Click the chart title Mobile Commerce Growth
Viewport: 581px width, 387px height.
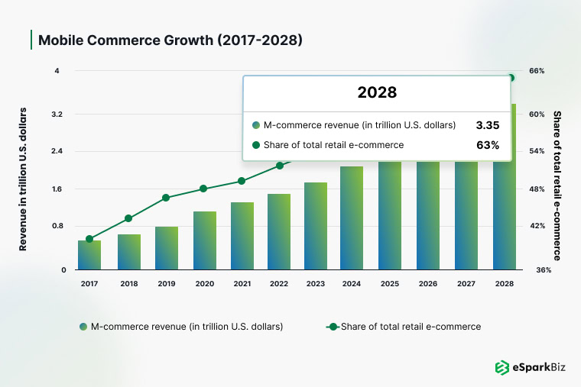point(170,40)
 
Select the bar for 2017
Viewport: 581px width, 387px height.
point(89,255)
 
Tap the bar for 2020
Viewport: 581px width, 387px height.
point(205,240)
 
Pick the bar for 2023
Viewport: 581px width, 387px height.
point(316,226)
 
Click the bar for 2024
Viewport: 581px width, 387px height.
point(352,218)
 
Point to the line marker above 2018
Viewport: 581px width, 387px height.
point(128,218)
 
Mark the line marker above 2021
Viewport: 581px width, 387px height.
point(242,181)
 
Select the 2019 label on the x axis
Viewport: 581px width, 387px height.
point(166,283)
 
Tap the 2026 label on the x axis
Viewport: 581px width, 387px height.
point(427,283)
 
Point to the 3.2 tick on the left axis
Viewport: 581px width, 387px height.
point(57,114)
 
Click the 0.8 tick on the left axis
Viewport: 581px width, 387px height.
point(57,226)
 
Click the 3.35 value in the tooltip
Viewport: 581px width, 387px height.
point(487,124)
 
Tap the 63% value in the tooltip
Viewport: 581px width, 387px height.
point(488,144)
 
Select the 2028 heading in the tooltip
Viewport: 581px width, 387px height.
point(377,93)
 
